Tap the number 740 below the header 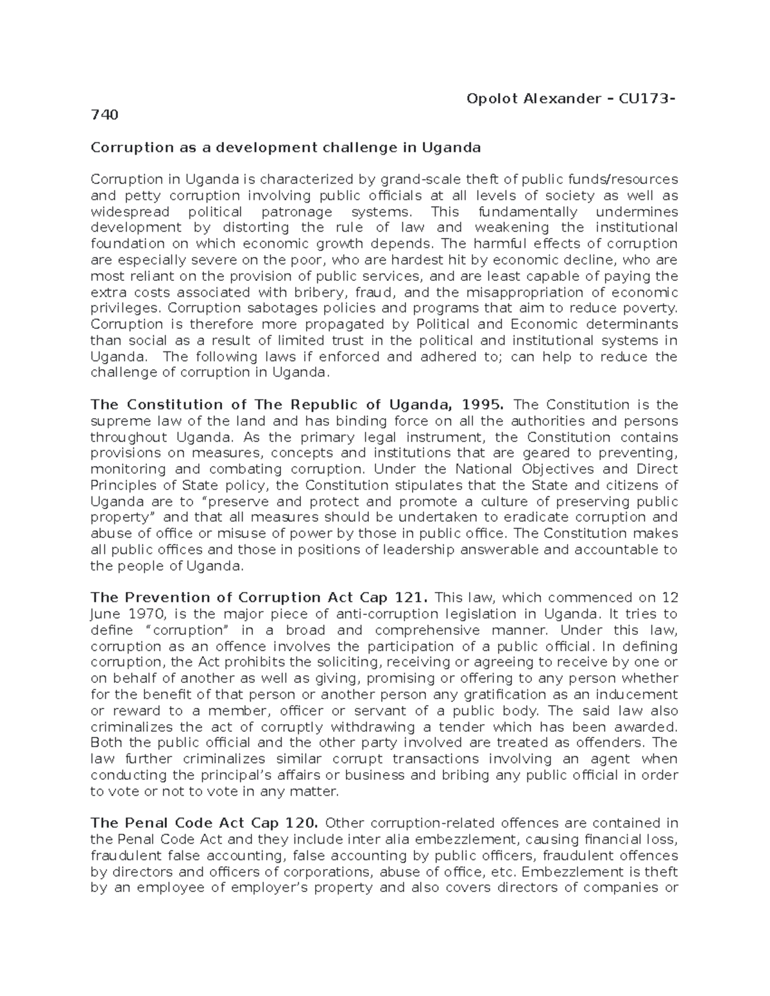(105, 115)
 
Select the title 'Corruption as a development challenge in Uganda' (286, 148)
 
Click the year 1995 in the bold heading (488, 405)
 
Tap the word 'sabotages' (243, 308)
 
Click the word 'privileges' (123, 308)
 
